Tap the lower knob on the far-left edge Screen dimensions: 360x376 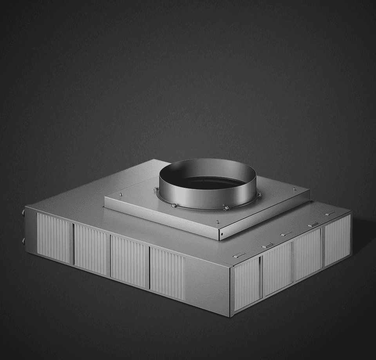tap(23, 240)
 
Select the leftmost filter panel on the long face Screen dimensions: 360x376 tap(53, 238)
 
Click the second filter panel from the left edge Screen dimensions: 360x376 tap(90, 250)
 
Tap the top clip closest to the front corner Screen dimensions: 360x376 tap(239, 256)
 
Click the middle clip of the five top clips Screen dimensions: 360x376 tap(286, 234)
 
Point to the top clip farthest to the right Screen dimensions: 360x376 tap(330, 214)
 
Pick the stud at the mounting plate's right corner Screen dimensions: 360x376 tap(294, 189)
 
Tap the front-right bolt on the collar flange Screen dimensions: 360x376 tap(226, 208)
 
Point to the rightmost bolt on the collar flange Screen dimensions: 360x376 tap(259, 194)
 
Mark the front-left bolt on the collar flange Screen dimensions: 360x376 tap(173, 205)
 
